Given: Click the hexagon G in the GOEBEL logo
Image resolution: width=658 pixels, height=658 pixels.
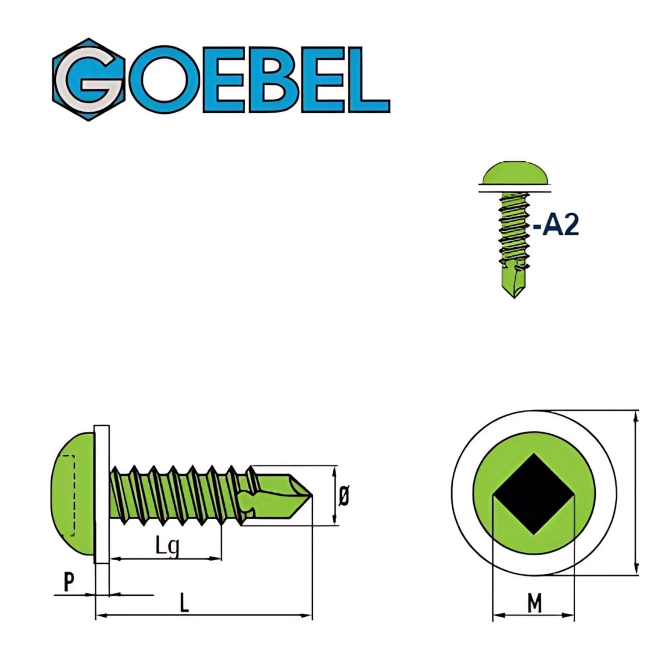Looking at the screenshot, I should pyautogui.click(x=89, y=80).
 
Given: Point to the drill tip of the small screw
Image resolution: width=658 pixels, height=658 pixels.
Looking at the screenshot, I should pyautogui.click(x=515, y=287).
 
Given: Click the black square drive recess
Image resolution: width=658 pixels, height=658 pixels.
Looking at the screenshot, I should pyautogui.click(x=533, y=494).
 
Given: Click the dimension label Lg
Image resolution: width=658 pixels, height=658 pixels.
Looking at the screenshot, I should pyautogui.click(x=167, y=546).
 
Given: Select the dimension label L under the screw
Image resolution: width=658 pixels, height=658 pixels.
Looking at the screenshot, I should pyautogui.click(x=184, y=603).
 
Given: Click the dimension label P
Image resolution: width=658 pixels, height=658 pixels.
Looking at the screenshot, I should pyautogui.click(x=69, y=583).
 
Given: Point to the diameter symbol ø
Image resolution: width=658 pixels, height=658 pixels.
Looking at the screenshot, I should pyautogui.click(x=344, y=496).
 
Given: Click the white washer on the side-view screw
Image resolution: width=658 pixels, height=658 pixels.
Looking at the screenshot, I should pyautogui.click(x=102, y=493).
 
